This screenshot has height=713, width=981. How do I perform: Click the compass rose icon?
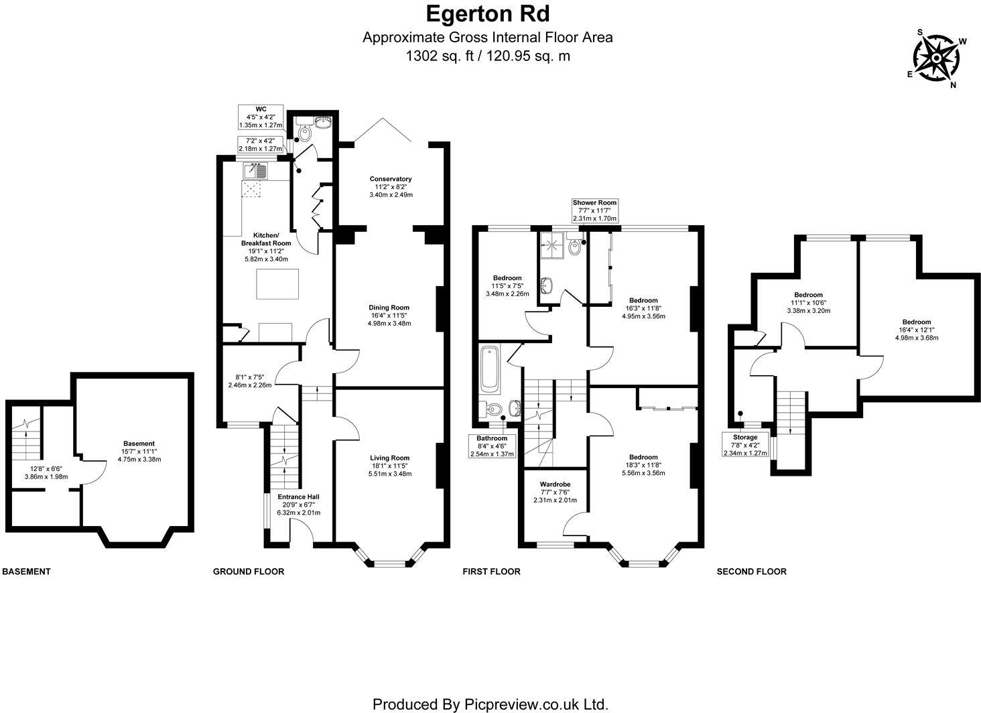tap(935, 59)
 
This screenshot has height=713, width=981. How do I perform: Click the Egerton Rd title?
tap(488, 13)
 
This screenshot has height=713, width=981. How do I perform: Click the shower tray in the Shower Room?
tap(552, 247)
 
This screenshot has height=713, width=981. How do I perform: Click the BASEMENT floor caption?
tap(26, 572)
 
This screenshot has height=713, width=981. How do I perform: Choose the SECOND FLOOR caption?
tap(751, 572)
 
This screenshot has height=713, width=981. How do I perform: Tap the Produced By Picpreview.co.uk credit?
tap(490, 704)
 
